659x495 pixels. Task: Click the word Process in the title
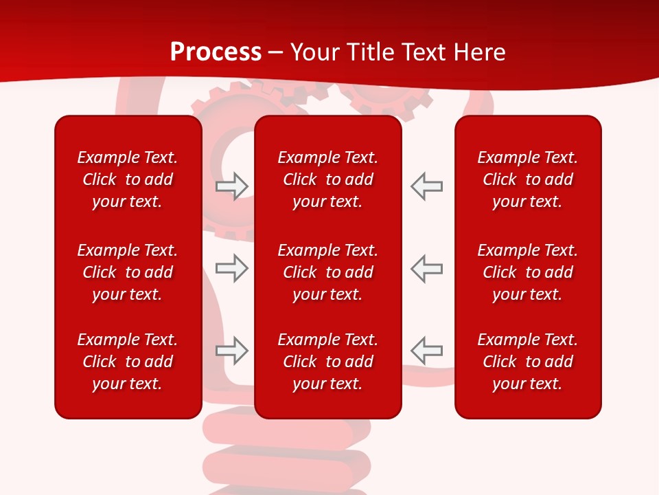(x=216, y=52)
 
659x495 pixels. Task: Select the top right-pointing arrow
(x=232, y=186)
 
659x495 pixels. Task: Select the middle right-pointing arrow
(x=232, y=267)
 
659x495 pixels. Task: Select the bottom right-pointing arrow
(x=232, y=351)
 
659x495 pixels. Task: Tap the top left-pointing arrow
(x=426, y=186)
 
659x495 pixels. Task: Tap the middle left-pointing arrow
(x=426, y=267)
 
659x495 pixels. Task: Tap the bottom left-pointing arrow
(x=426, y=351)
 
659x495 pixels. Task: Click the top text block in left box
(x=128, y=179)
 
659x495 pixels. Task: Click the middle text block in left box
(x=128, y=272)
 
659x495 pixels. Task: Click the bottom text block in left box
(x=128, y=362)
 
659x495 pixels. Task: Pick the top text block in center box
(x=327, y=179)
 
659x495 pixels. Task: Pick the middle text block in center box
(x=327, y=272)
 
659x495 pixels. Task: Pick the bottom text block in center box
(x=327, y=362)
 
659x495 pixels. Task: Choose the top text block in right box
(x=527, y=179)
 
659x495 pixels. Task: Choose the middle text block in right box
(x=527, y=272)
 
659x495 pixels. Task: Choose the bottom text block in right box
(x=527, y=362)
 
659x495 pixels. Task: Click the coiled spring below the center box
(x=288, y=454)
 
